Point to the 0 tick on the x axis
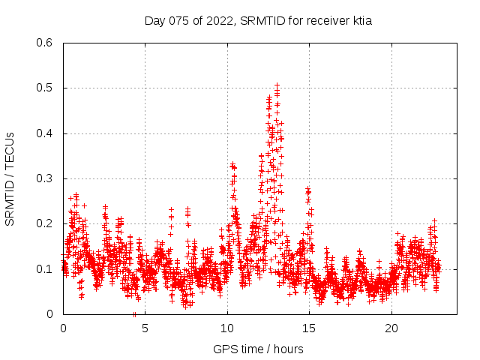tap(63, 328)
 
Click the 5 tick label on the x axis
tap(145, 328)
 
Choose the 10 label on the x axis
tap(227, 328)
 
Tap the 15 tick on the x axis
tap(309, 328)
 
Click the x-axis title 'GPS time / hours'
tap(258, 349)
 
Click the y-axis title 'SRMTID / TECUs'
tap(10, 178)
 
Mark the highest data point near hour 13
tap(277, 85)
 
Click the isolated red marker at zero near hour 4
tap(134, 314)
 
